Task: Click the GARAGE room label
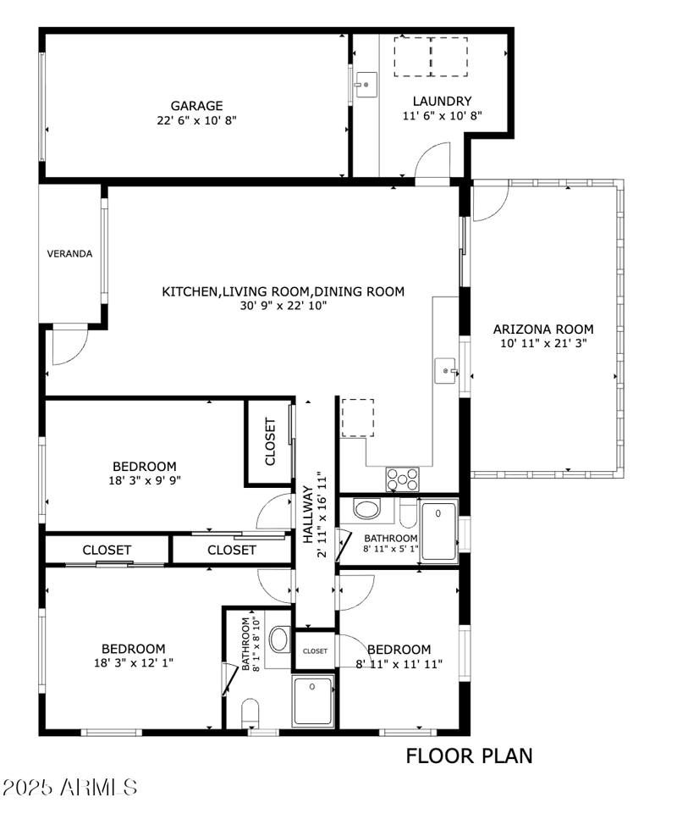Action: (196, 106)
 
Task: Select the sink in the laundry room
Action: (366, 86)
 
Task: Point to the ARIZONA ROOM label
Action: (542, 329)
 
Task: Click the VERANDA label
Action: (69, 253)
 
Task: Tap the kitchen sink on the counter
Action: (446, 371)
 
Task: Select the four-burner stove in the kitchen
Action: (403, 479)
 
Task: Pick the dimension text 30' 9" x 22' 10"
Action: (283, 305)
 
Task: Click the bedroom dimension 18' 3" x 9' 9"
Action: (144, 479)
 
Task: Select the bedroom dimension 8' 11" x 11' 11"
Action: (399, 663)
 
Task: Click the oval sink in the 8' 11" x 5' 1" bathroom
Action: (366, 510)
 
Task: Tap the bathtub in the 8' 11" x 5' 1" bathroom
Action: (438, 531)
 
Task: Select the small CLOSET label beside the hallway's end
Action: (315, 651)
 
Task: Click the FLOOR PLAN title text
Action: (469, 756)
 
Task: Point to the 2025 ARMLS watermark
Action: (69, 787)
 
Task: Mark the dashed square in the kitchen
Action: (357, 417)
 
